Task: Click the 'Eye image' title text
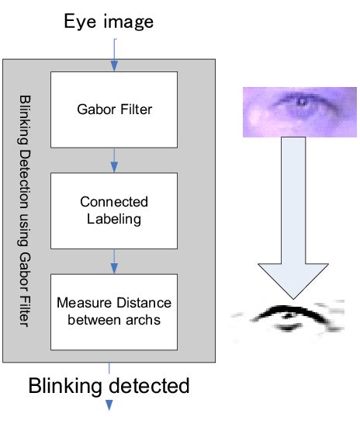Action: (108, 21)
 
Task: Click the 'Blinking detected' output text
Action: (109, 384)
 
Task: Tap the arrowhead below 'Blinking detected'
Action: (109, 405)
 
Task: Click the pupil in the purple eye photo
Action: (298, 103)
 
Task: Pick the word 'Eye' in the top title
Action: (80, 22)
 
